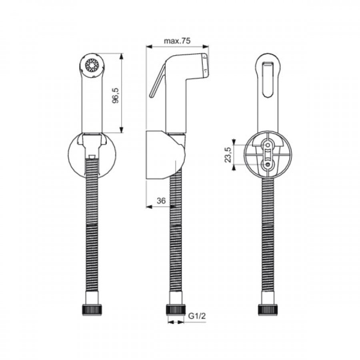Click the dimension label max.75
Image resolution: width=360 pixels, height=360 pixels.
176,41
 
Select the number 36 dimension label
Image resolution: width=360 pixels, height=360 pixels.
161,201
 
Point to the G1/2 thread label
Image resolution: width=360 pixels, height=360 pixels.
196,317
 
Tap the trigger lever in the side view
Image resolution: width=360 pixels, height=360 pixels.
157,82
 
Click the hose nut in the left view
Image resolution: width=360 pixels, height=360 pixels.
92,310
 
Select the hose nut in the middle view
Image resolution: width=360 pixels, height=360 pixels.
176,310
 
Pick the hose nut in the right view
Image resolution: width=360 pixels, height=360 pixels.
267,310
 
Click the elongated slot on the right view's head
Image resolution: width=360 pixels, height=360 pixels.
268,79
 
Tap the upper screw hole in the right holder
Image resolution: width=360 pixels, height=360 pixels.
267,144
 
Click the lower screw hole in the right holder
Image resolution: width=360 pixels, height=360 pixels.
267,164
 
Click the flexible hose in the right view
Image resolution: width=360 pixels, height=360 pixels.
267,240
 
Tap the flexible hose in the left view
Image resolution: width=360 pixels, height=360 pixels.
92,240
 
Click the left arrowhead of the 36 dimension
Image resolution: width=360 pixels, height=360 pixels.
148,207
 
